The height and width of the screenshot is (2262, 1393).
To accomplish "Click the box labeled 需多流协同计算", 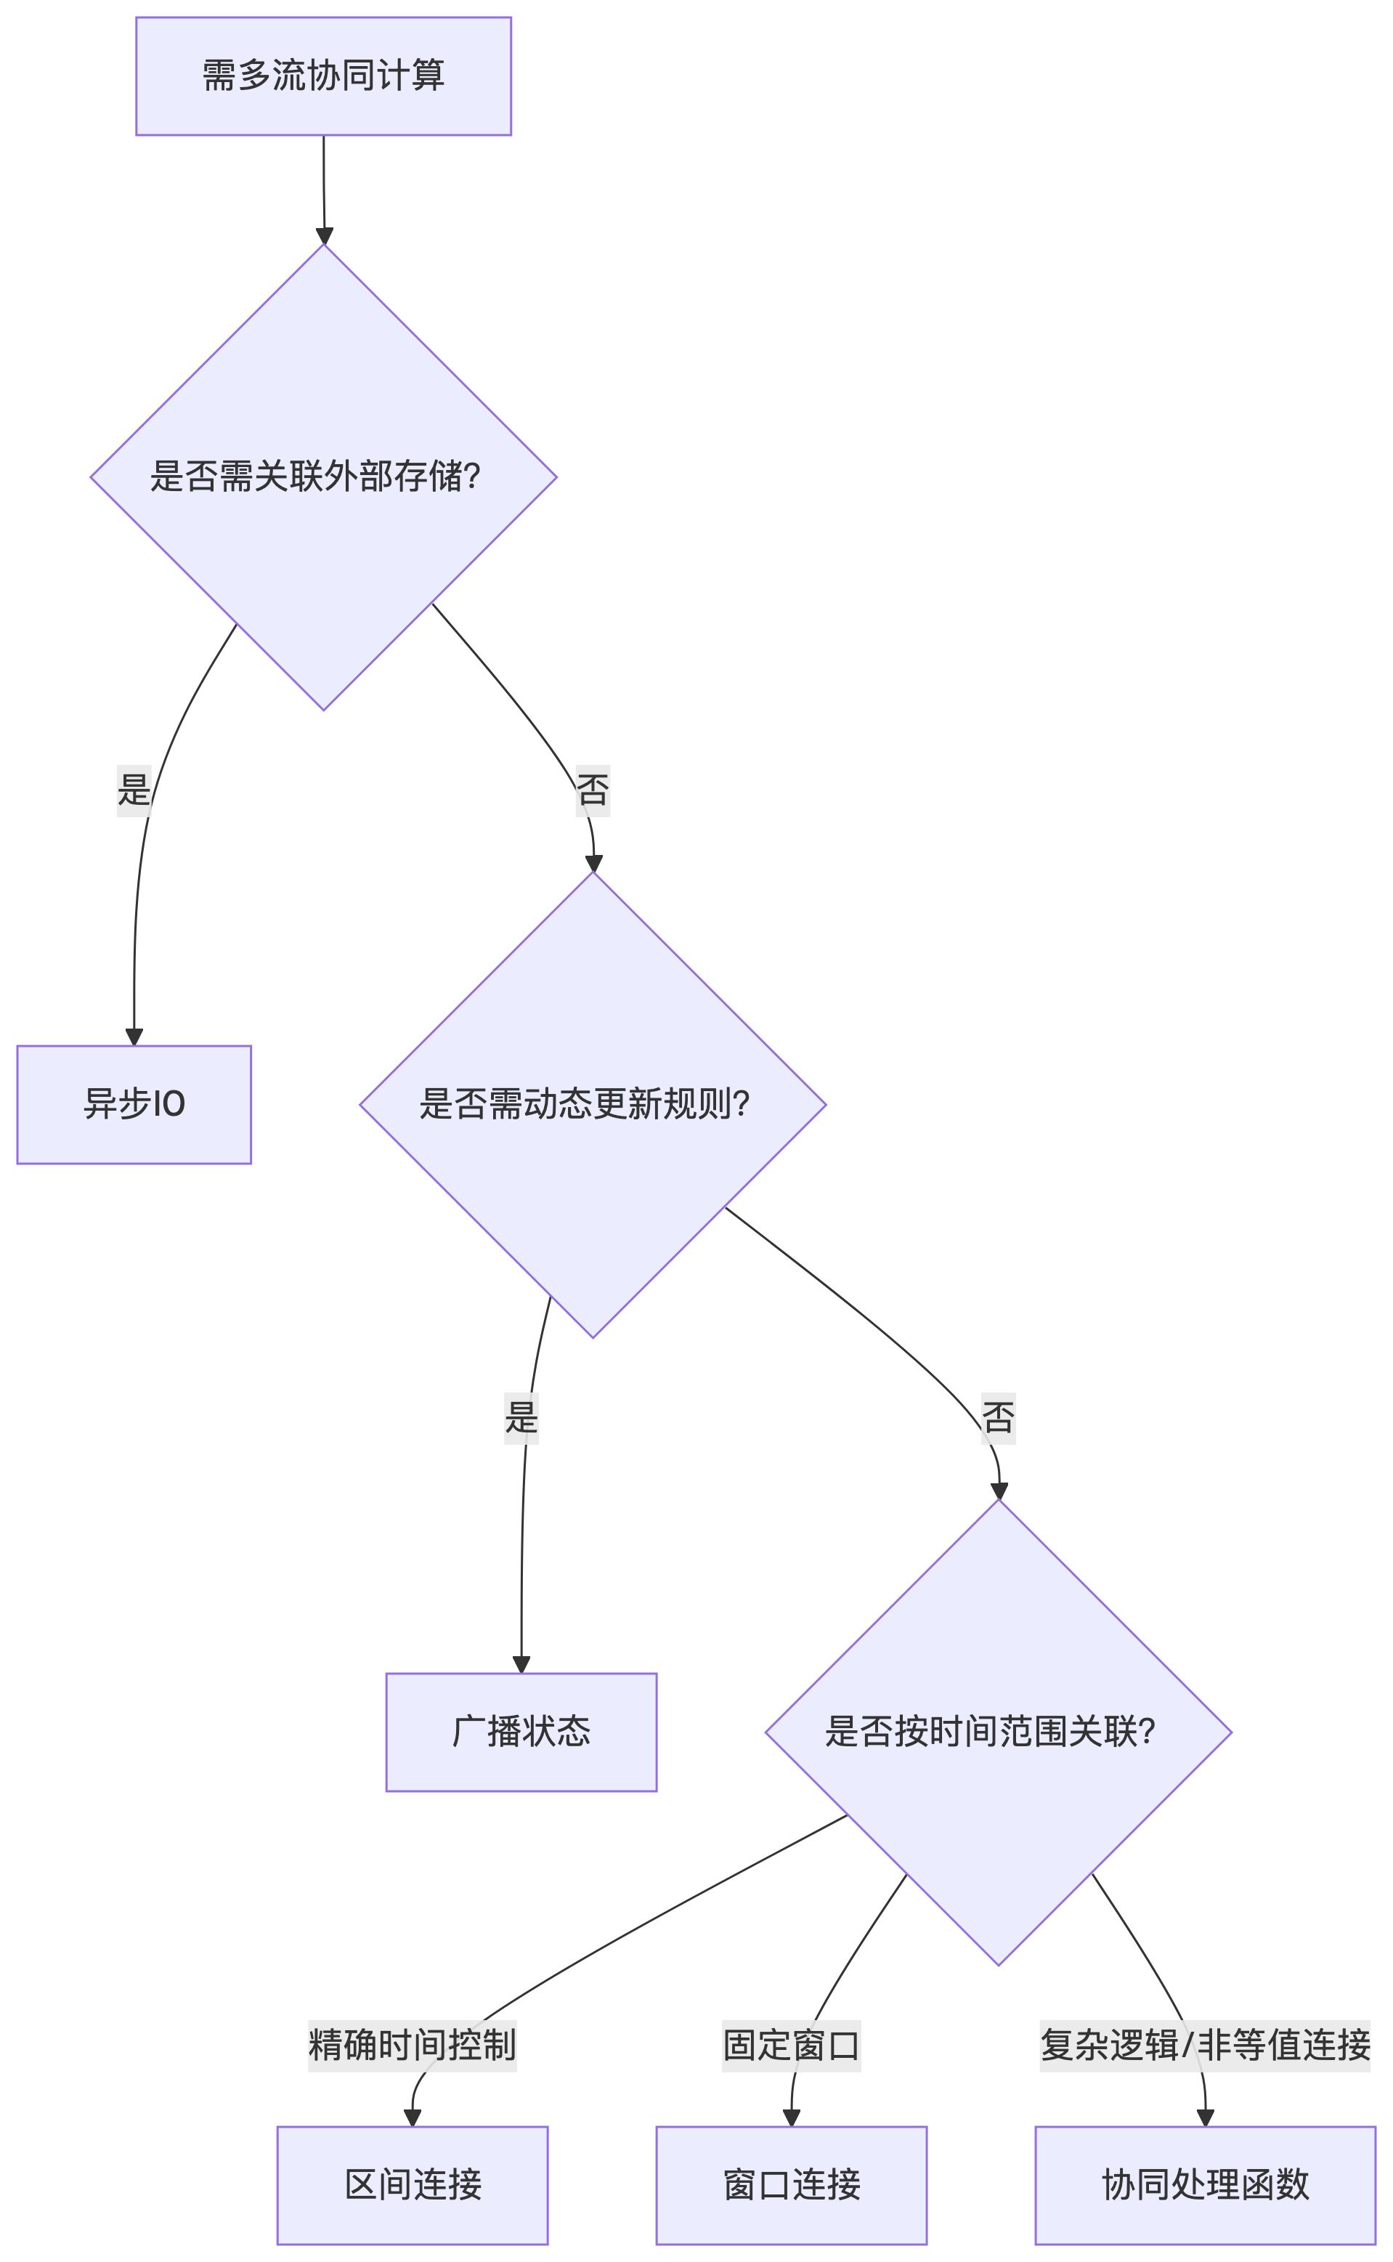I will tap(323, 76).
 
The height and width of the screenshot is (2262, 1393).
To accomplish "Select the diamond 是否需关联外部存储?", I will tap(323, 477).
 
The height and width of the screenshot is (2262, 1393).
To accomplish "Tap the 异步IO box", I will tap(134, 1104).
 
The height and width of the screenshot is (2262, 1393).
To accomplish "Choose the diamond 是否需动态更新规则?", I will tap(593, 1104).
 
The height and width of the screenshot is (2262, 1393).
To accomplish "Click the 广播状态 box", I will tap(521, 1731).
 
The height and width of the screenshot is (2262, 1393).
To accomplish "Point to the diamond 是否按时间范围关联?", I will tap(998, 1731).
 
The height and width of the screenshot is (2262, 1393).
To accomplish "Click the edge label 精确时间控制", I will tap(412, 2046).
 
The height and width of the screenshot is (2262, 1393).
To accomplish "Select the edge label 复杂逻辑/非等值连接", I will tap(1204, 2046).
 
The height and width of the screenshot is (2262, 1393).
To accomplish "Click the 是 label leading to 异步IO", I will tap(134, 790).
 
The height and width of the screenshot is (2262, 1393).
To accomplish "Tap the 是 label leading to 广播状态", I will tap(521, 1417).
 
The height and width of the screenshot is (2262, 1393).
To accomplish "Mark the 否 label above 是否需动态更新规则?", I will tap(593, 790).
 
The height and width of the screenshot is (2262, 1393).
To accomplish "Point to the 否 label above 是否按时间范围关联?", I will tap(998, 1417).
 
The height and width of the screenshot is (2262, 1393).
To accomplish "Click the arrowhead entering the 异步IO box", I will tap(134, 1037).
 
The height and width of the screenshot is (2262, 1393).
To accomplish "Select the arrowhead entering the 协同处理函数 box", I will tap(1204, 2117).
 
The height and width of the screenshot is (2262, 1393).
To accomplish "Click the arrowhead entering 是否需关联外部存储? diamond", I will tap(325, 236).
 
